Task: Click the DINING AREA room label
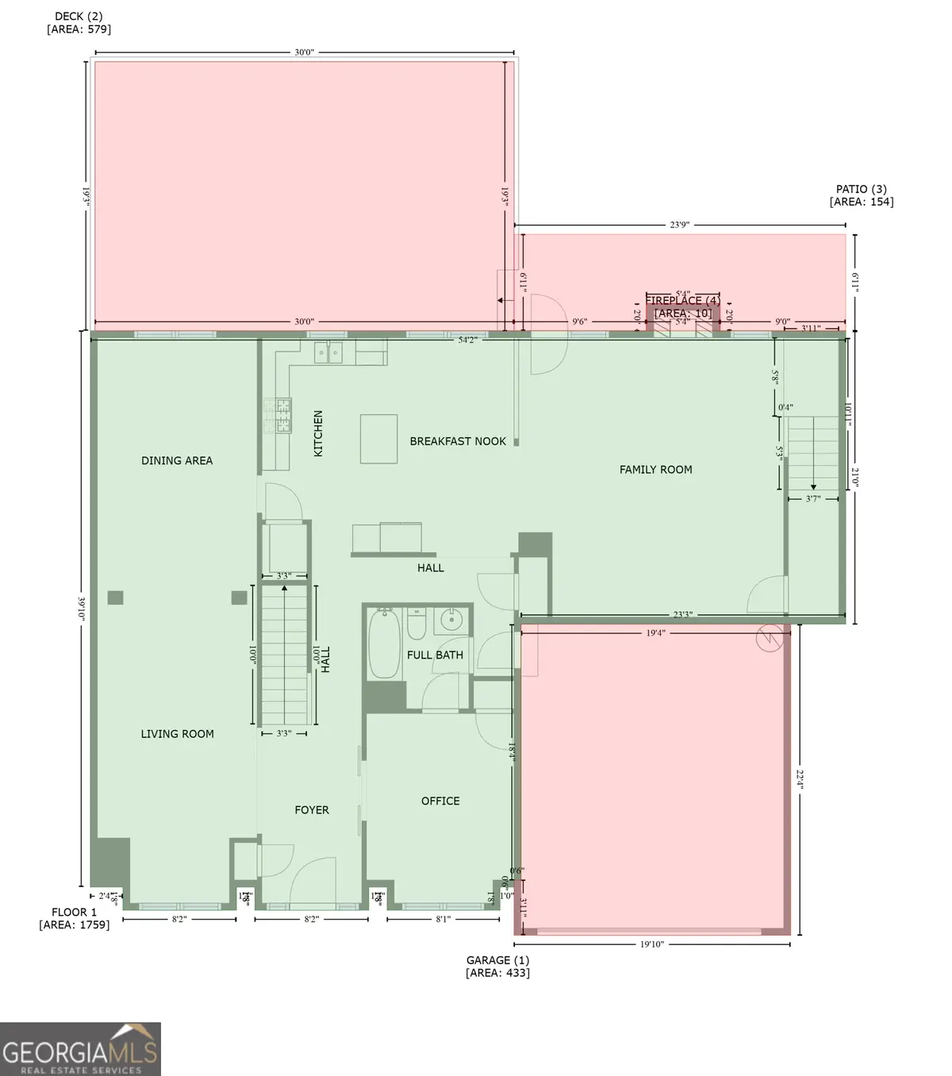pyautogui.click(x=177, y=460)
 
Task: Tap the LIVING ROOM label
pyautogui.click(x=178, y=734)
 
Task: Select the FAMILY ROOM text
pyautogui.click(x=655, y=470)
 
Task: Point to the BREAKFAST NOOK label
pyautogui.click(x=458, y=441)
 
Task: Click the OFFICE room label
pyautogui.click(x=440, y=801)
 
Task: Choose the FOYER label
pyautogui.click(x=312, y=809)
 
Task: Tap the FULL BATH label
pyautogui.click(x=435, y=655)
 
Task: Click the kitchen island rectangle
pyautogui.click(x=378, y=438)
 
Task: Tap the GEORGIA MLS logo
pyautogui.click(x=80, y=1048)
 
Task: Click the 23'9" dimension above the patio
pyautogui.click(x=679, y=225)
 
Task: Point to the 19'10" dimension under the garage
pyautogui.click(x=651, y=944)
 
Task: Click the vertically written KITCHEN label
pyautogui.click(x=318, y=432)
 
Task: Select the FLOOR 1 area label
pyautogui.click(x=75, y=918)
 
